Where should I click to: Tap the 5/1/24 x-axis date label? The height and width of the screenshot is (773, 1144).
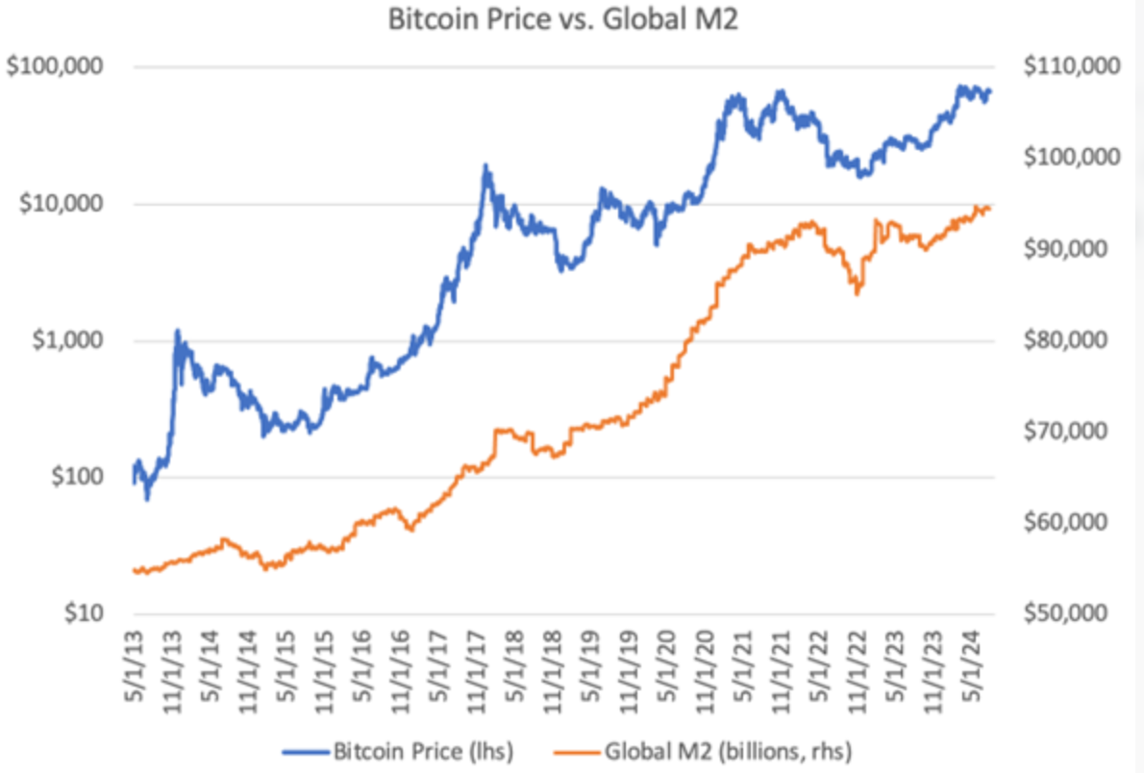(971, 663)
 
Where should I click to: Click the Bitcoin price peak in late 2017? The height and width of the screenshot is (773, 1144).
(486, 166)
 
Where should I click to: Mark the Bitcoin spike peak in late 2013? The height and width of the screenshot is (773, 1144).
(177, 332)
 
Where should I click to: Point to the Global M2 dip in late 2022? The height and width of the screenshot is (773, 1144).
(857, 292)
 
